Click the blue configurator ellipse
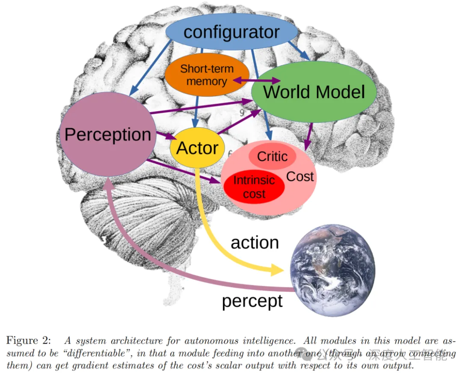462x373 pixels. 231,32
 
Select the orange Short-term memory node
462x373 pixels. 207,75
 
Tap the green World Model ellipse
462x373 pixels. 314,92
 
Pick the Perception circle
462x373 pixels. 108,134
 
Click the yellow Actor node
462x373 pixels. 197,148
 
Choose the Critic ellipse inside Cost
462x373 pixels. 272,157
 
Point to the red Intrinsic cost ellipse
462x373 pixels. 254,186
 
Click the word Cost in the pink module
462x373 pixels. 300,176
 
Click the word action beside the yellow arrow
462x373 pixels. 255,243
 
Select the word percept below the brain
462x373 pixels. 252,301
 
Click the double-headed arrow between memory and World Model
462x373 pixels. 256,80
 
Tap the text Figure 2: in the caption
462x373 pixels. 29,340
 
